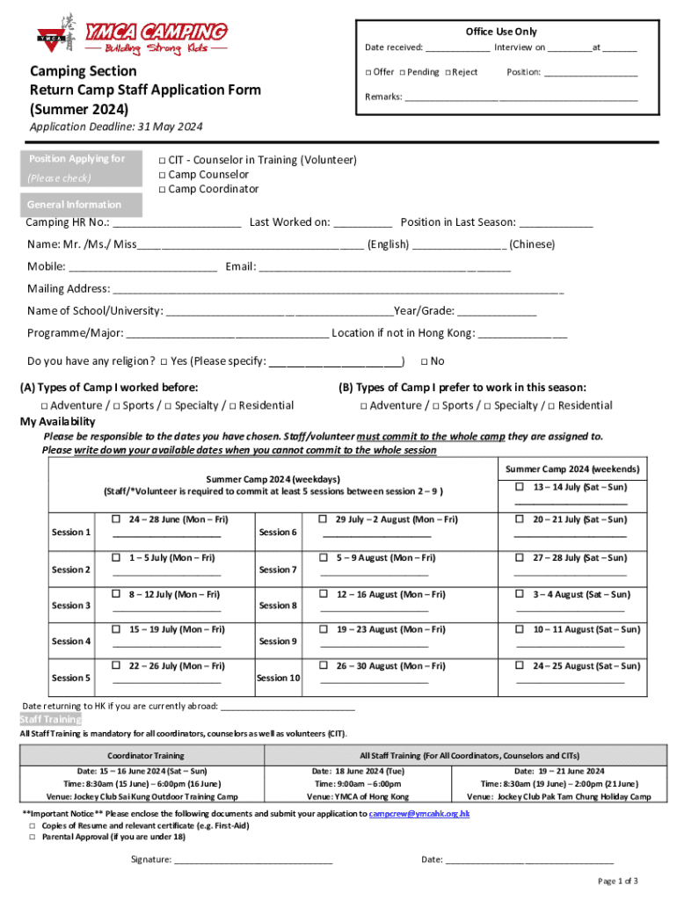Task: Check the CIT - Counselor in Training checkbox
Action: pos(162,160)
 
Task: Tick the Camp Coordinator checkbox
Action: pos(162,190)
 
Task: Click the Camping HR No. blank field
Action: pos(177,223)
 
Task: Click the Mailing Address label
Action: pos(68,288)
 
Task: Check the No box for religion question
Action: pos(424,361)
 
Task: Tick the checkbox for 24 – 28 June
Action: pos(115,519)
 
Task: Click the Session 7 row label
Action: pos(278,570)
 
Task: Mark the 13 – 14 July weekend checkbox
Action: pos(520,487)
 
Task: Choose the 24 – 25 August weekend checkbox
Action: pos(520,666)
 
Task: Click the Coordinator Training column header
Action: pos(145,755)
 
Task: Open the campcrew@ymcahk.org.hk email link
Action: pos(419,814)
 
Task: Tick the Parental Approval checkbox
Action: pos(33,837)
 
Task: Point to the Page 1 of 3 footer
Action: pos(617,881)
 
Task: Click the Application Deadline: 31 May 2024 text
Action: pos(116,127)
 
